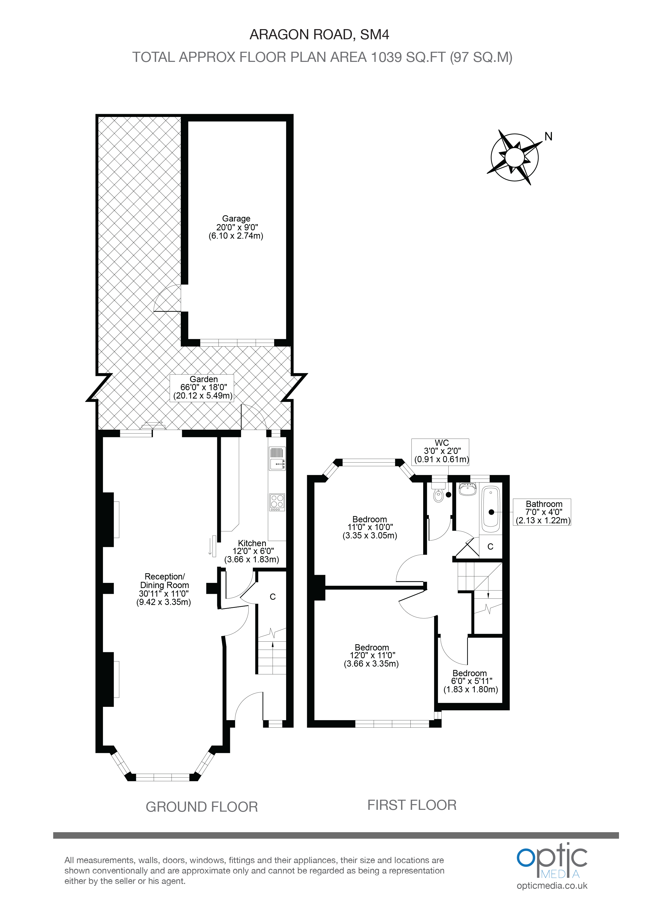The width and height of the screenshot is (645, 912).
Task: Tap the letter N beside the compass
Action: tap(549, 137)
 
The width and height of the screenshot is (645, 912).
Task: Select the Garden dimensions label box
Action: tap(202, 388)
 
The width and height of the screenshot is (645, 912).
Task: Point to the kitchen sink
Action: tap(277, 459)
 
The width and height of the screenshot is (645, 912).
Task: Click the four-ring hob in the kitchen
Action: tap(277, 502)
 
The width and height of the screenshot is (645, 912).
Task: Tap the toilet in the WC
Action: tap(438, 494)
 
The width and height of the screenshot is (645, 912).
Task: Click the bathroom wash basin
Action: tap(468, 489)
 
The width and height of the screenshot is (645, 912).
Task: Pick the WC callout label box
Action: tap(440, 452)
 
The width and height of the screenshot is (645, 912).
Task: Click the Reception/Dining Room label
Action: tap(164, 589)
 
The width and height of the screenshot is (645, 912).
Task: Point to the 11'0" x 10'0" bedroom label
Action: tap(370, 527)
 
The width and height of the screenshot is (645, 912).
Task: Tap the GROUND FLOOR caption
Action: tap(202, 807)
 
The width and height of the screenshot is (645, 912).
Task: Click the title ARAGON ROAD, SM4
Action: tap(319, 35)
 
